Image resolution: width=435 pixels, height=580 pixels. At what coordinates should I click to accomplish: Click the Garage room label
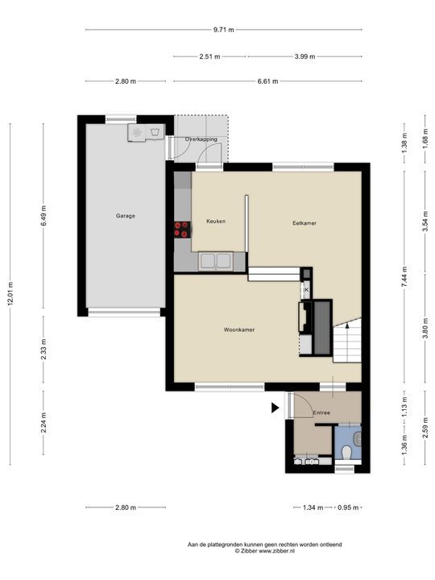(125, 216)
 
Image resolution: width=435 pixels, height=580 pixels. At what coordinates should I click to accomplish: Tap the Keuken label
(215, 221)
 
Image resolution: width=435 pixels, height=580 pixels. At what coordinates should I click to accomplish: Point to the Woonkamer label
(240, 329)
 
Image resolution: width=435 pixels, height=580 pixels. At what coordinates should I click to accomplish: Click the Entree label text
(322, 412)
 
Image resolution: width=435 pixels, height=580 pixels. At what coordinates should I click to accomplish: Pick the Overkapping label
(201, 139)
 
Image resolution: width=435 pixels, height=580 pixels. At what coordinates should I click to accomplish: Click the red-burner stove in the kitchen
(183, 230)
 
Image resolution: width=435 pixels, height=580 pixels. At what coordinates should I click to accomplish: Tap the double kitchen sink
(216, 260)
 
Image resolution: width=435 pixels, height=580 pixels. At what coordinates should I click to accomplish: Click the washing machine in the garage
(137, 132)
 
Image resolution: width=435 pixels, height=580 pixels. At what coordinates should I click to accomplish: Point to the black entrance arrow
(275, 408)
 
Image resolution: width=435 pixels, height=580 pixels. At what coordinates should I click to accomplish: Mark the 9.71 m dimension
(223, 30)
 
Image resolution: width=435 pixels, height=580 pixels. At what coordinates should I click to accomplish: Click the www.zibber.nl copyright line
(264, 551)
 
